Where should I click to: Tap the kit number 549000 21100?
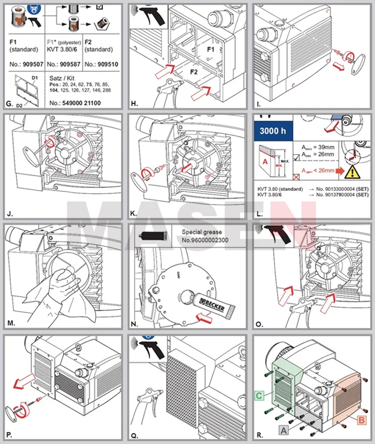click(x=75, y=103)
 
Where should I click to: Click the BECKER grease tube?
click(x=212, y=305)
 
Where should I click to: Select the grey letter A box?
click(x=282, y=428)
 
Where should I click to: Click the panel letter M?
click(x=11, y=324)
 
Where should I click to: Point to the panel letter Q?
click(x=134, y=435)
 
